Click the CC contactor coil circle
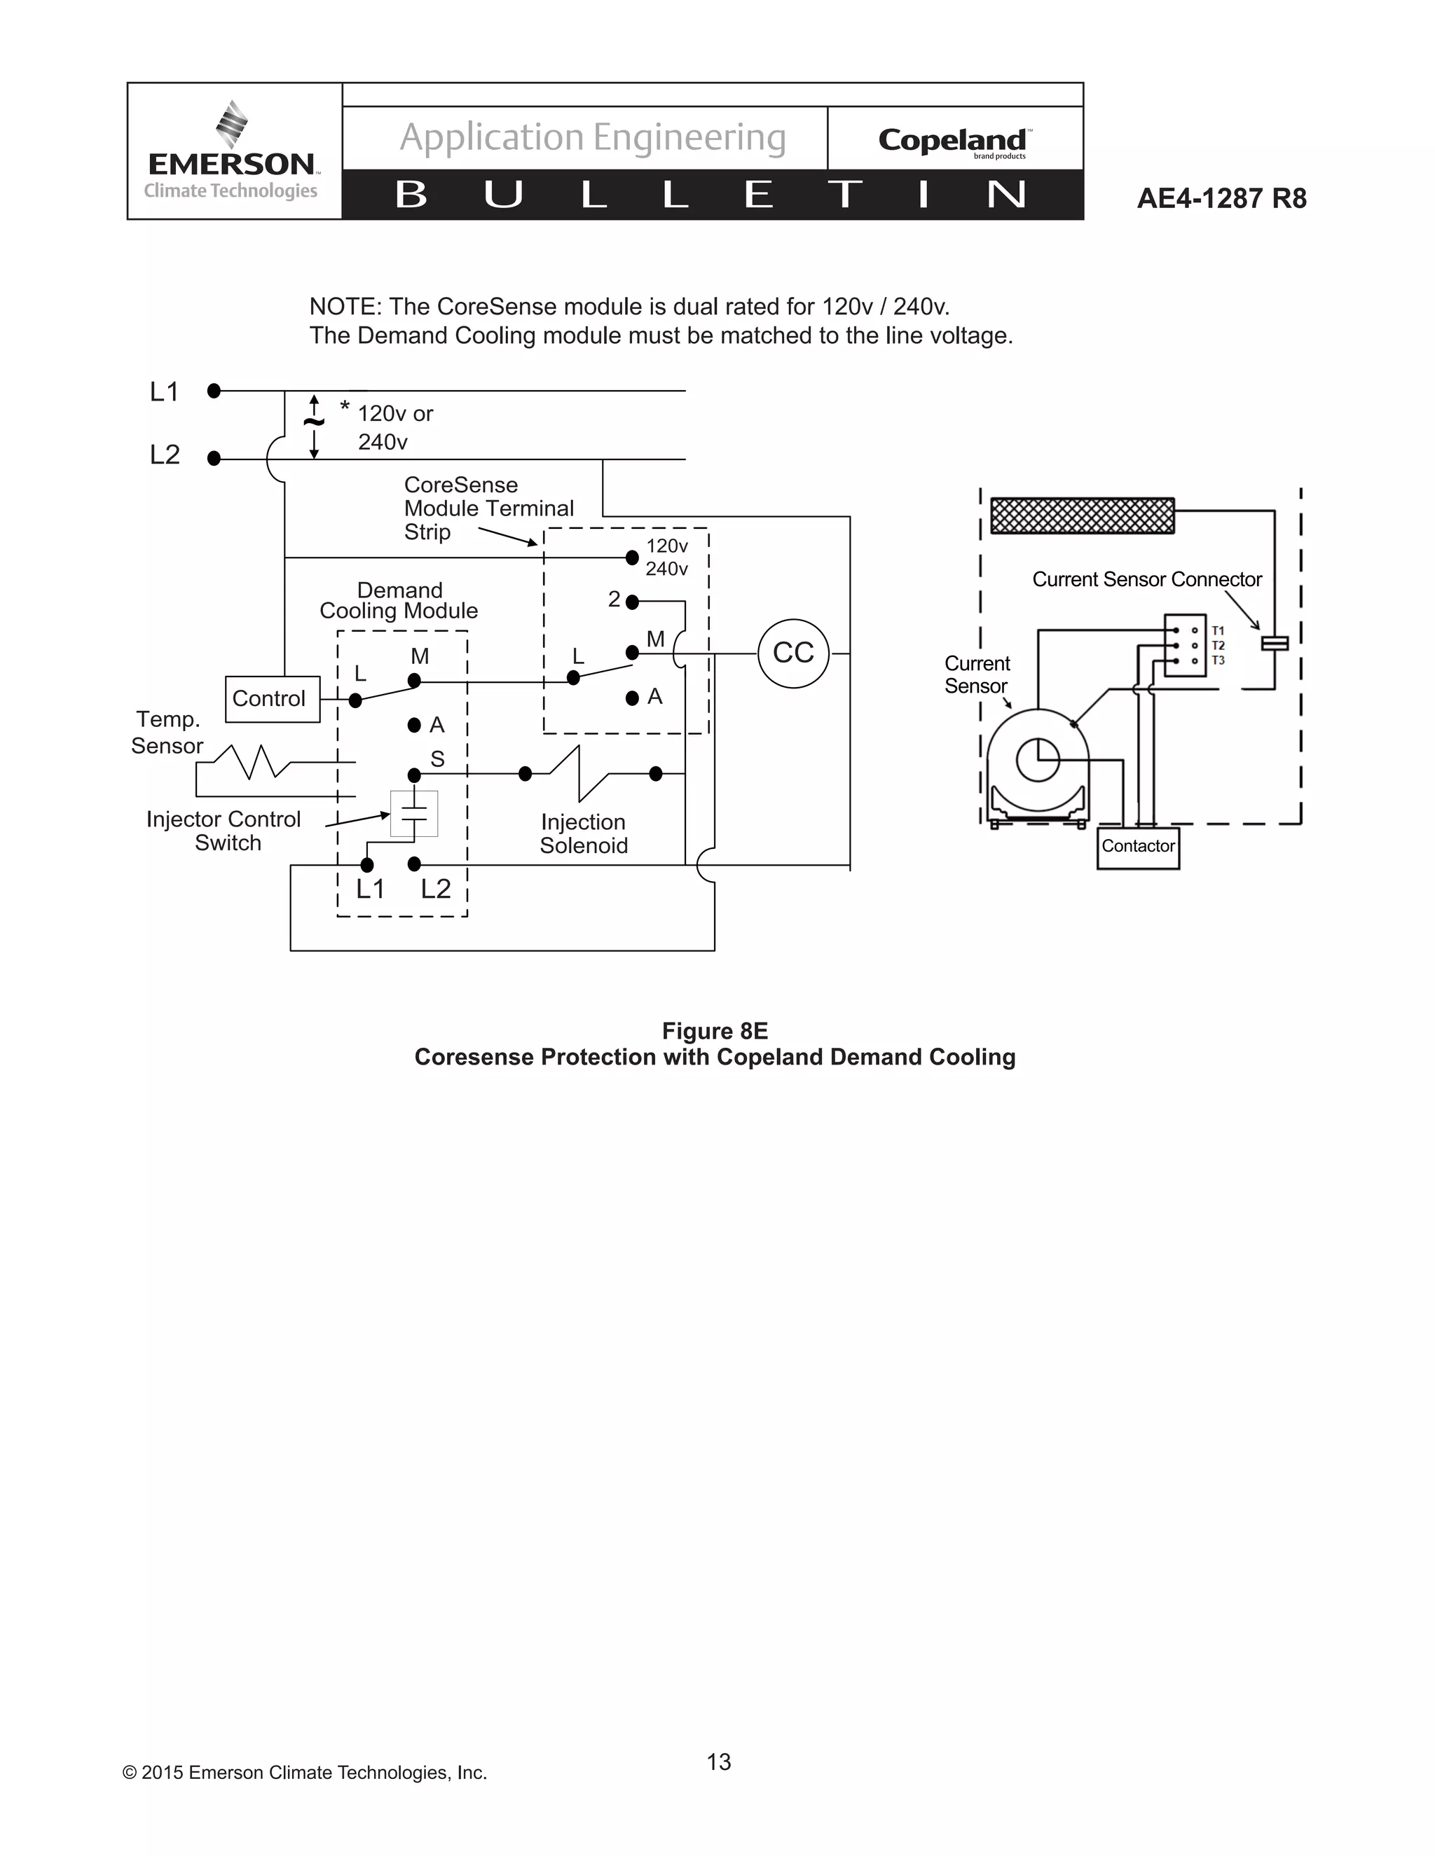792,653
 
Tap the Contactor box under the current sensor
1137,847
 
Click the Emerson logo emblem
231,124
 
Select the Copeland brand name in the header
952,140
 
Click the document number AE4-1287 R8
1221,199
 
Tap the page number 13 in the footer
718,1761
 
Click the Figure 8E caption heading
714,1031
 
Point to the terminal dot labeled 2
631,602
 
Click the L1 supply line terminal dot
214,391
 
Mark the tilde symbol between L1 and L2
314,422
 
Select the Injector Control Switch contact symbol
414,813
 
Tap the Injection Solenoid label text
583,833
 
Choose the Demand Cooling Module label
399,601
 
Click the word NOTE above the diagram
343,307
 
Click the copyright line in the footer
304,1773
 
